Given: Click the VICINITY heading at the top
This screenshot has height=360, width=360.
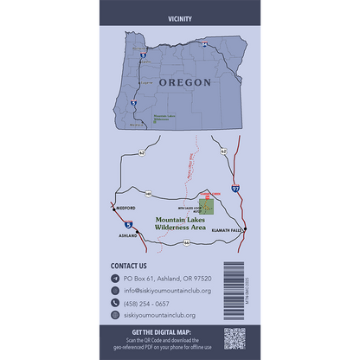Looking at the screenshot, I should tap(180, 18).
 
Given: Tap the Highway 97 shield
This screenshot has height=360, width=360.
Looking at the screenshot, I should tap(235, 187).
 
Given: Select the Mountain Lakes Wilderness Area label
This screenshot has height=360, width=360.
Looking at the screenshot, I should tap(179, 223).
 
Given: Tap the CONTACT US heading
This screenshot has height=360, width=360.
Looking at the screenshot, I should tap(129, 266).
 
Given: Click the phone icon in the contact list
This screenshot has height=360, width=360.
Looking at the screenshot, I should tap(115, 304).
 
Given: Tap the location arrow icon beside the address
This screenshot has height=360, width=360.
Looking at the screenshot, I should tap(115, 279).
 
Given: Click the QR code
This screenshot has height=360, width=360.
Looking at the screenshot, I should tap(235, 337).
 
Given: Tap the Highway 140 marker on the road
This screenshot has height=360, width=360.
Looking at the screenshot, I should tap(149, 194).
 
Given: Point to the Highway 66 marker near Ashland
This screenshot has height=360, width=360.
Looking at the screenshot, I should tap(185, 243).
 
